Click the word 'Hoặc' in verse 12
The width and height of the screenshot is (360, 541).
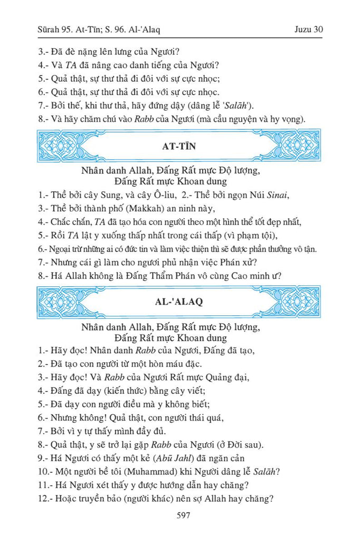(67, 499)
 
